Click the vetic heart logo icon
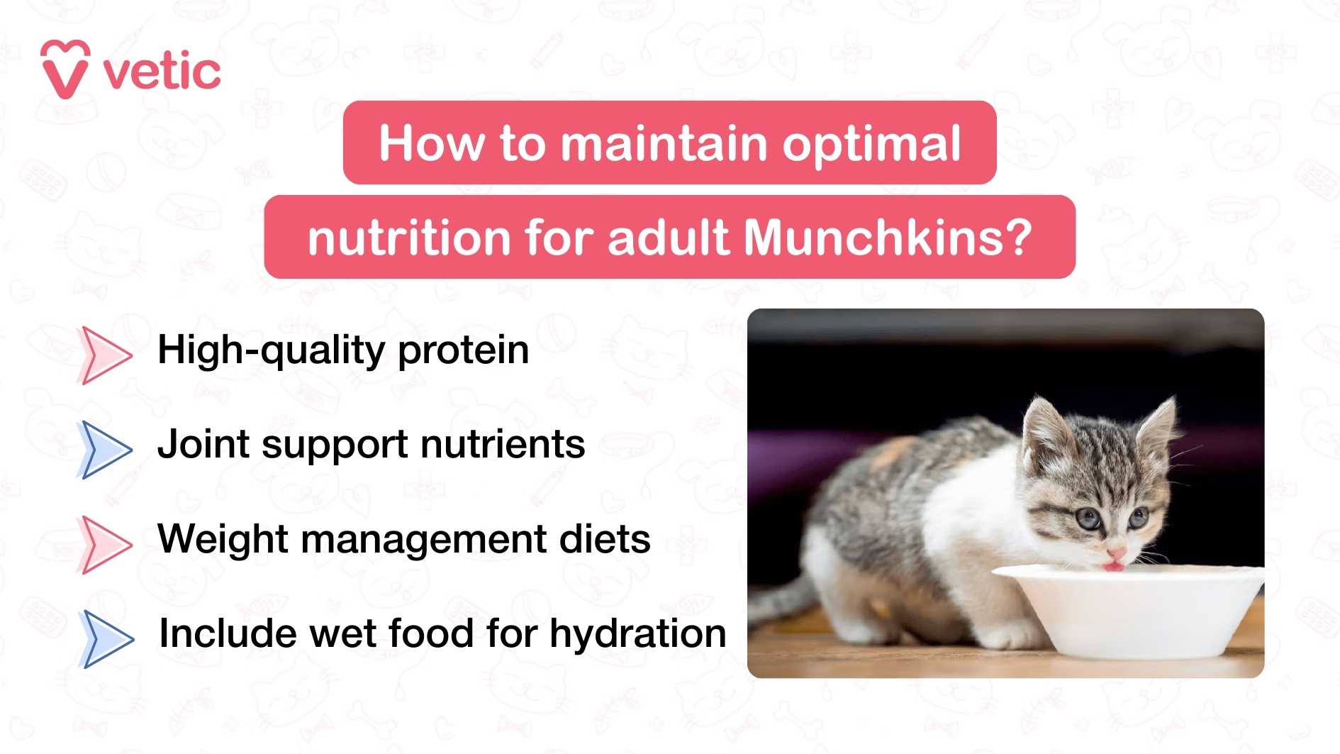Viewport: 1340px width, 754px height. (x=65, y=70)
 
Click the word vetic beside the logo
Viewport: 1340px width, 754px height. (x=162, y=72)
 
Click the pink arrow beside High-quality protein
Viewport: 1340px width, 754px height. (x=104, y=355)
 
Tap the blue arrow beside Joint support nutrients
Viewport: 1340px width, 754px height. (x=104, y=449)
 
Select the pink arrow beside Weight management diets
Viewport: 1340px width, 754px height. (x=104, y=544)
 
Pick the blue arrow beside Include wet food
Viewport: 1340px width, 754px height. (x=106, y=638)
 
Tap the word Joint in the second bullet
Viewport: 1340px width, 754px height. (x=203, y=445)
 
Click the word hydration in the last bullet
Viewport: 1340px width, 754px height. (x=637, y=634)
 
